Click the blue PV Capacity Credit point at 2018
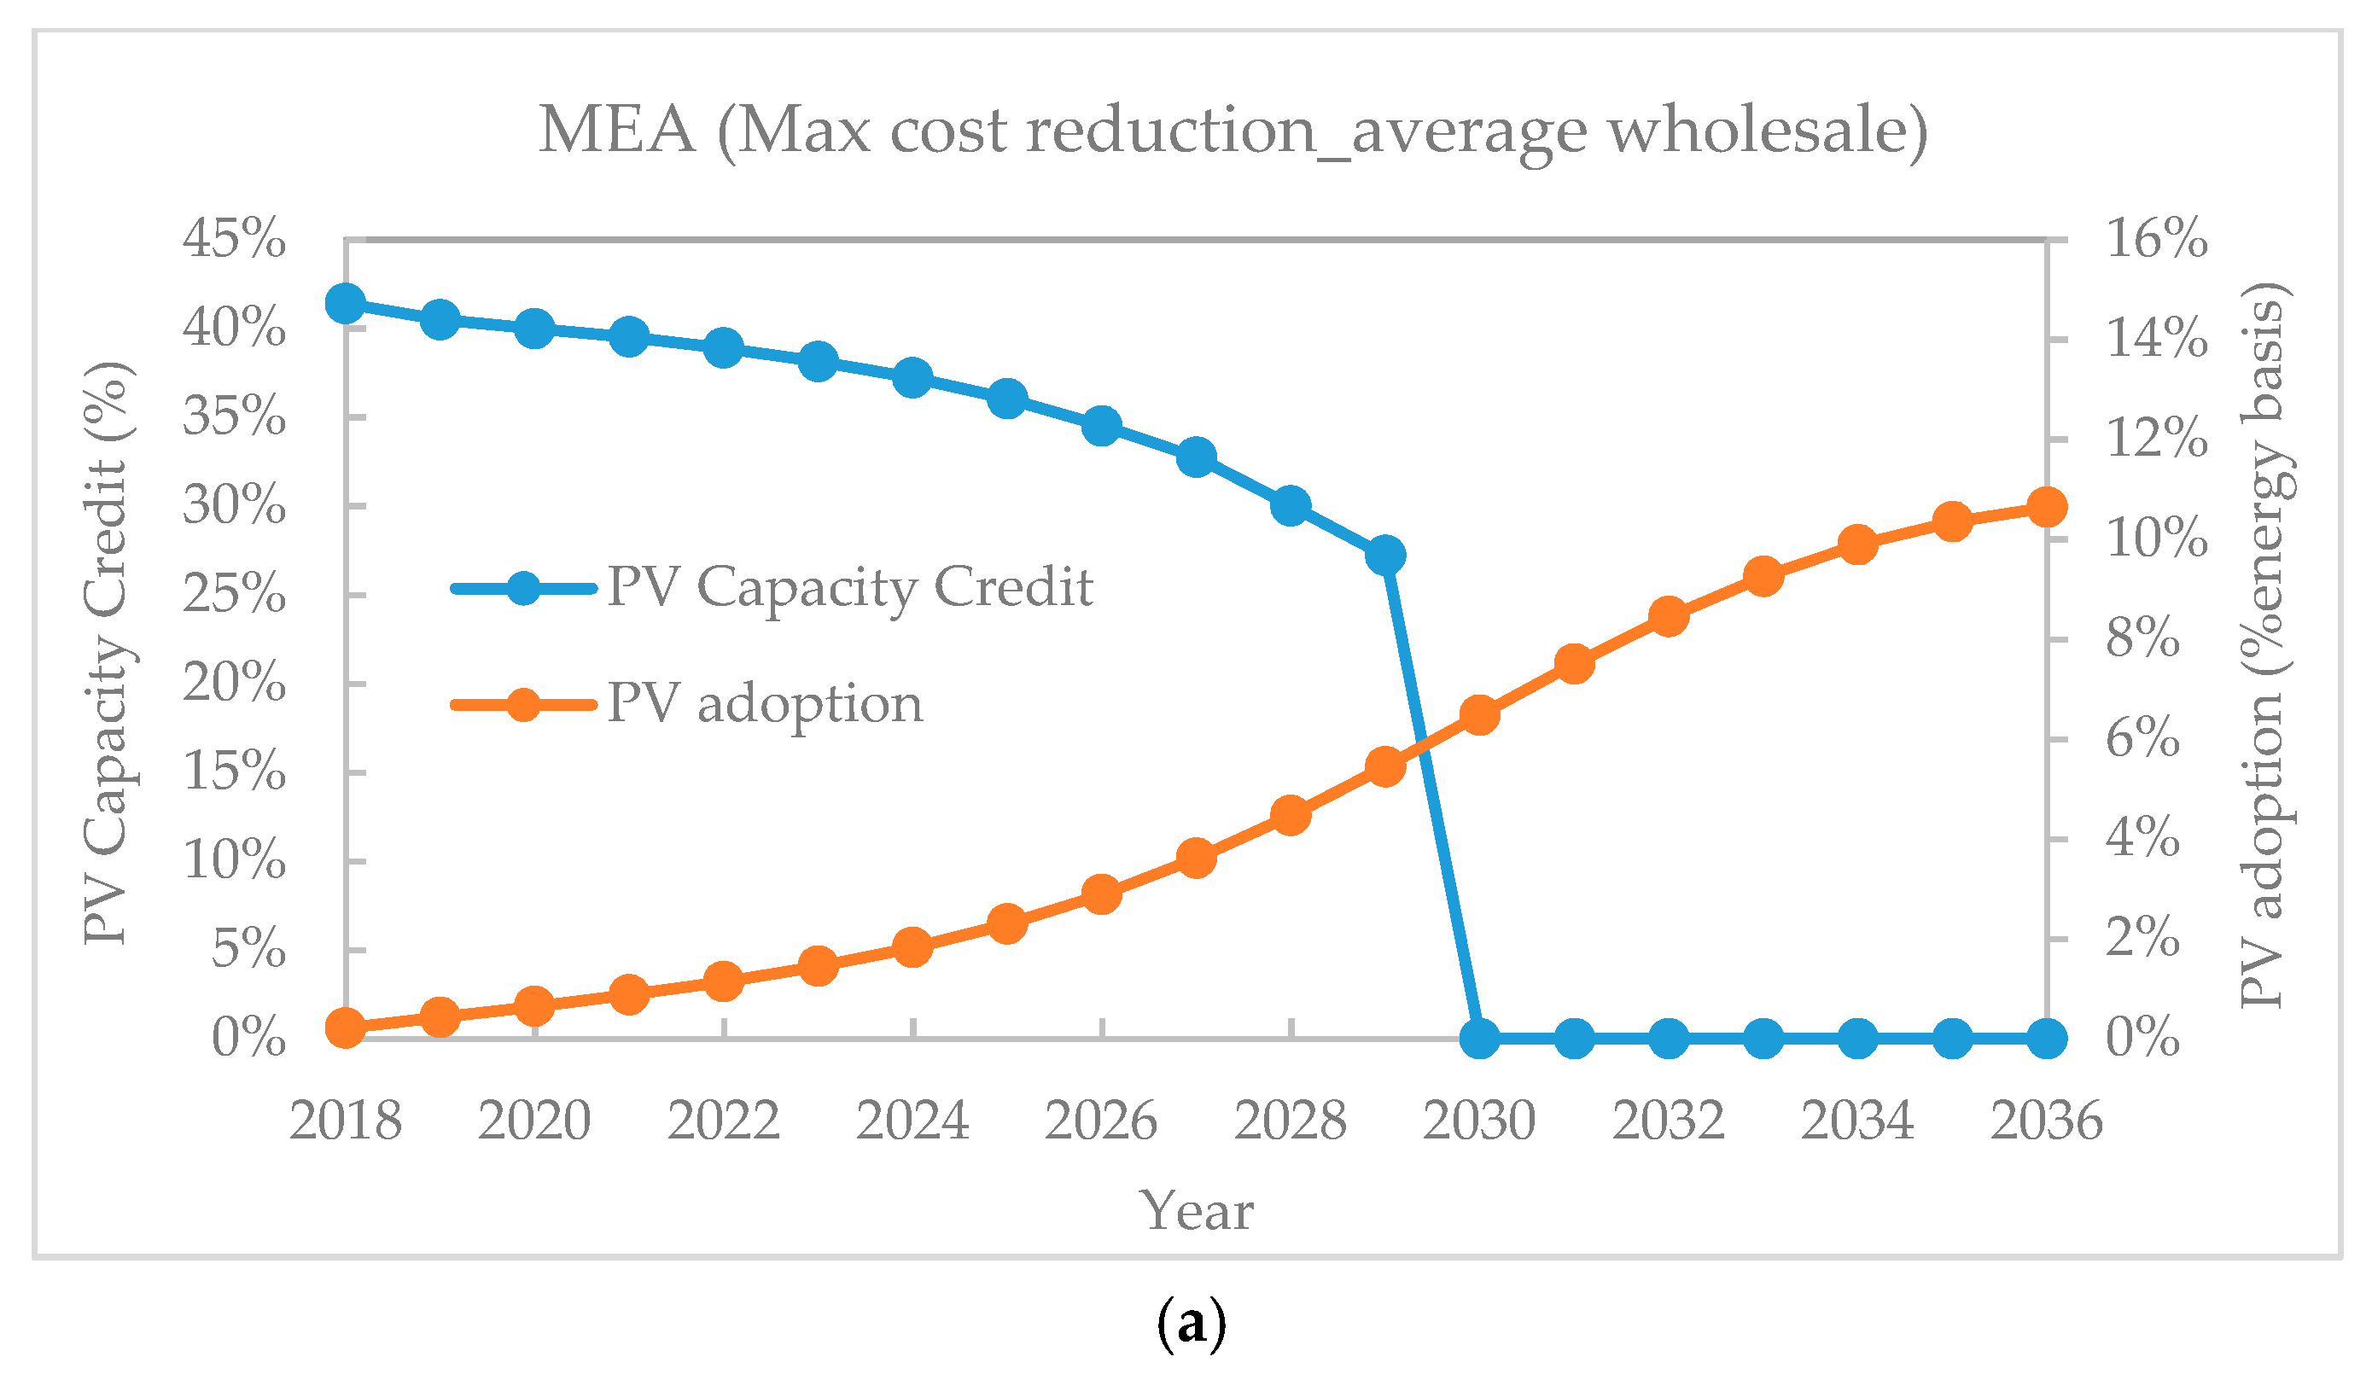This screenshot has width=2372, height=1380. coord(346,304)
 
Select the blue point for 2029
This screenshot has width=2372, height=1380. coord(1384,556)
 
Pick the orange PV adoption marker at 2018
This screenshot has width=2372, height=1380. coord(346,1028)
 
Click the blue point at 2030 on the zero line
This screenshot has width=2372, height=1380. coord(1478,1039)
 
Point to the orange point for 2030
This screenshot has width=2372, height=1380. coord(1478,715)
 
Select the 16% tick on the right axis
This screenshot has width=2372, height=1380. coord(2156,239)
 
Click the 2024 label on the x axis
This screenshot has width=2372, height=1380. coord(912,1121)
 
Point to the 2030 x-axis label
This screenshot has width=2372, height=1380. coord(1478,1121)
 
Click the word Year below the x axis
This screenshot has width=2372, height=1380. coord(1196,1210)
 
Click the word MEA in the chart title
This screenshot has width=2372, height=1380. coord(616,130)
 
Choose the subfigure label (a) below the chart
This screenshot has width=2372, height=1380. coord(1191,1325)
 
